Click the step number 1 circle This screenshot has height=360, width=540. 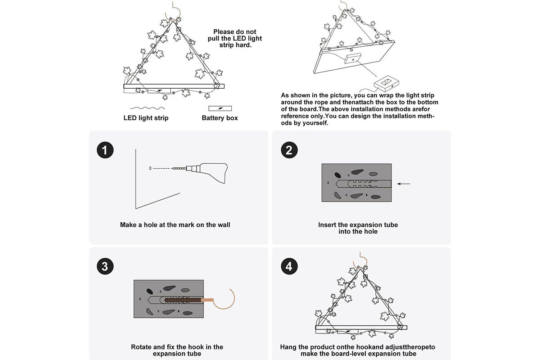[105, 150]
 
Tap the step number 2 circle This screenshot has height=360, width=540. [289, 150]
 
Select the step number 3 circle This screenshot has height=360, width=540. [105, 266]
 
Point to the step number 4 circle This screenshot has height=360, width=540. [289, 266]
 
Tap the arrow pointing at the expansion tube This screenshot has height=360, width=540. [404, 184]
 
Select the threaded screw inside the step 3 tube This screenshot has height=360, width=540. [182, 299]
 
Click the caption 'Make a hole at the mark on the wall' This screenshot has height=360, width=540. [175, 225]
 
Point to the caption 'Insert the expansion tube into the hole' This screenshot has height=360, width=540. [358, 228]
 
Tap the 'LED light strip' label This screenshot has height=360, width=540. [146, 118]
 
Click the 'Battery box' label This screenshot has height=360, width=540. [220, 118]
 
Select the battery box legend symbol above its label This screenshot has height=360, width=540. [220, 108]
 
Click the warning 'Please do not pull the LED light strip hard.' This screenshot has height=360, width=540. [235, 38]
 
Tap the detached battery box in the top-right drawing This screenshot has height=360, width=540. [387, 83]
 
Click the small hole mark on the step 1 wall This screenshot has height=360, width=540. [150, 168]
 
